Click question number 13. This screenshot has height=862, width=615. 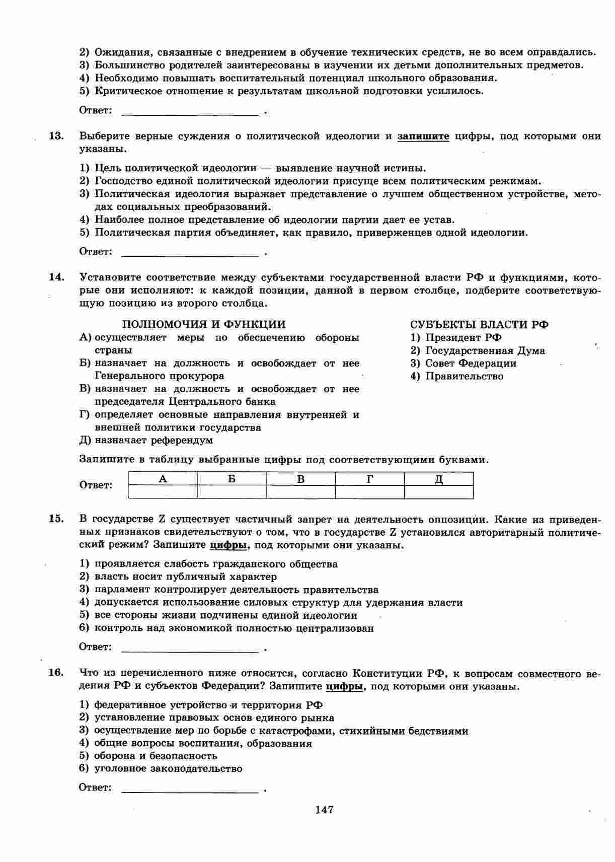click(56, 136)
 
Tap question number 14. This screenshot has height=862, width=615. click(56, 277)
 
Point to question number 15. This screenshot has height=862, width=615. click(56, 519)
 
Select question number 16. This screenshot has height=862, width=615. click(56, 673)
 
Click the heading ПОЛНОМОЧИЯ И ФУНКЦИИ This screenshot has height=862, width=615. click(204, 324)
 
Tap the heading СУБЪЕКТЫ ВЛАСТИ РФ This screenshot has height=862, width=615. click(479, 324)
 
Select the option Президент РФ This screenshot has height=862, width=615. click(463, 337)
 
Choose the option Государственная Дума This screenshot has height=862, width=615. click(485, 350)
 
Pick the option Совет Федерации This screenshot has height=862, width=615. click(471, 363)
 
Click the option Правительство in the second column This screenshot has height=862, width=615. click(464, 376)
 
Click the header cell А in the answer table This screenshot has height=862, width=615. click(163, 479)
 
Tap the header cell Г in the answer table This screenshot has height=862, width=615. click(370, 479)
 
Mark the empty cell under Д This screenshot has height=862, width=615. click(439, 492)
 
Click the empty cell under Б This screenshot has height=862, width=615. click(232, 492)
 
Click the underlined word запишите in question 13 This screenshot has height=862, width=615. click(423, 136)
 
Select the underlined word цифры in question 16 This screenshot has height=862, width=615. click(344, 686)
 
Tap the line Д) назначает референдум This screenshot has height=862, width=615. click(146, 440)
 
